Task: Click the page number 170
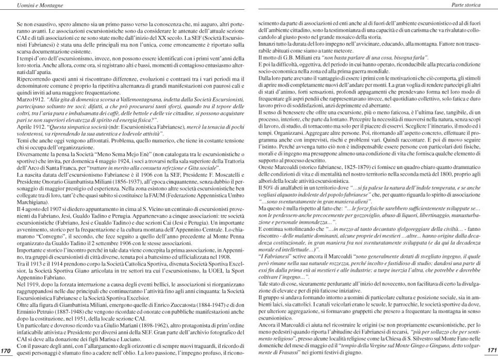tap(6, 351)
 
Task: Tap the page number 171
tap(491, 350)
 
